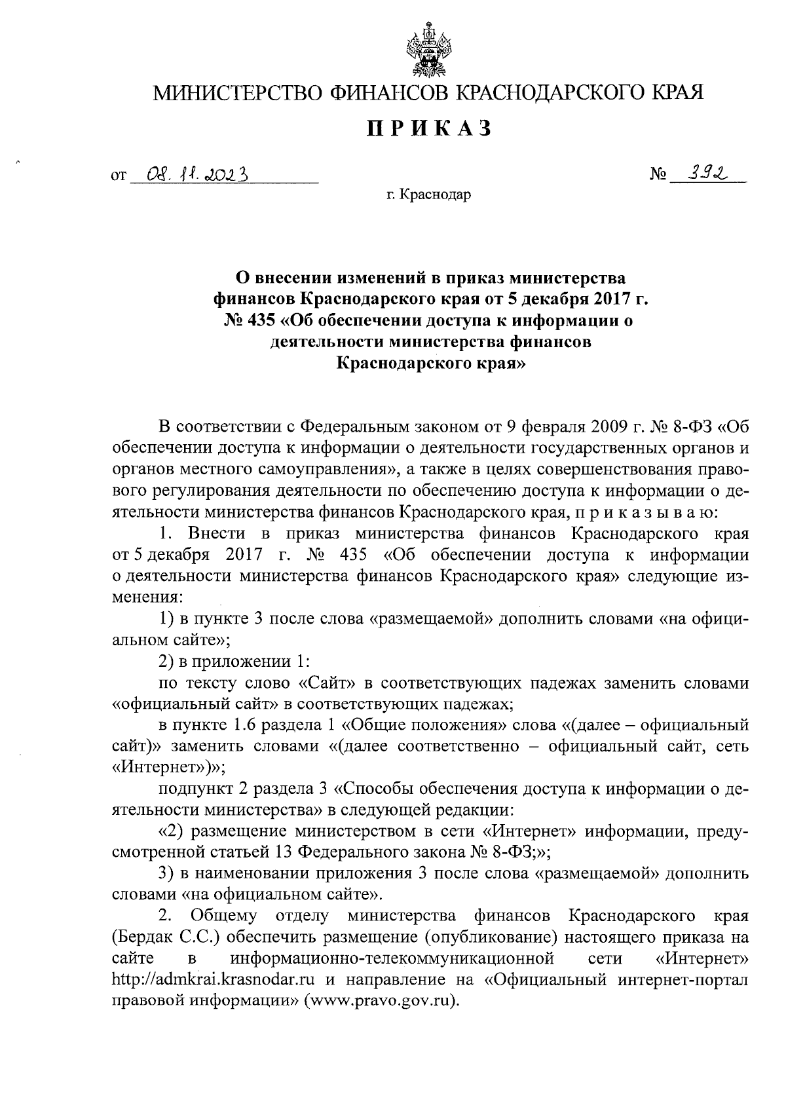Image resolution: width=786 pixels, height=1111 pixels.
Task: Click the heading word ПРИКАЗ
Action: pyautogui.click(x=429, y=129)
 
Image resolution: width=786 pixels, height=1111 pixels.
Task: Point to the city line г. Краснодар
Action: pyautogui.click(x=429, y=195)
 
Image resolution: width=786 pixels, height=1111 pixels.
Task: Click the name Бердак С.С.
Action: pyautogui.click(x=166, y=937)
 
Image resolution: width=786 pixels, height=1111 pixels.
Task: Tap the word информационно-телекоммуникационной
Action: pyautogui.click(x=392, y=958)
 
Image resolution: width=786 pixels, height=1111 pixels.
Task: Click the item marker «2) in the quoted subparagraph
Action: pyautogui.click(x=171, y=831)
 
